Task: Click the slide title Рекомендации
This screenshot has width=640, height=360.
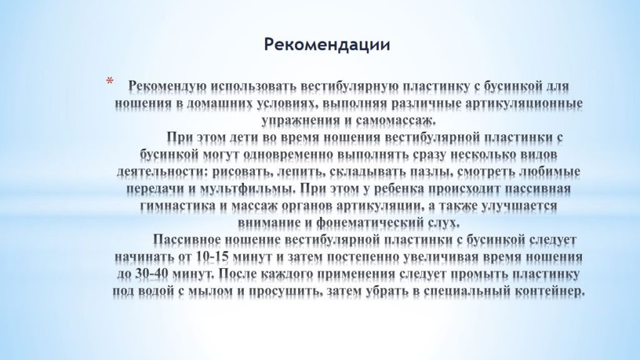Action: pyautogui.click(x=327, y=45)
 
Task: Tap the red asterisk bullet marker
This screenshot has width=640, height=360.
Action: pyautogui.click(x=109, y=82)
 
